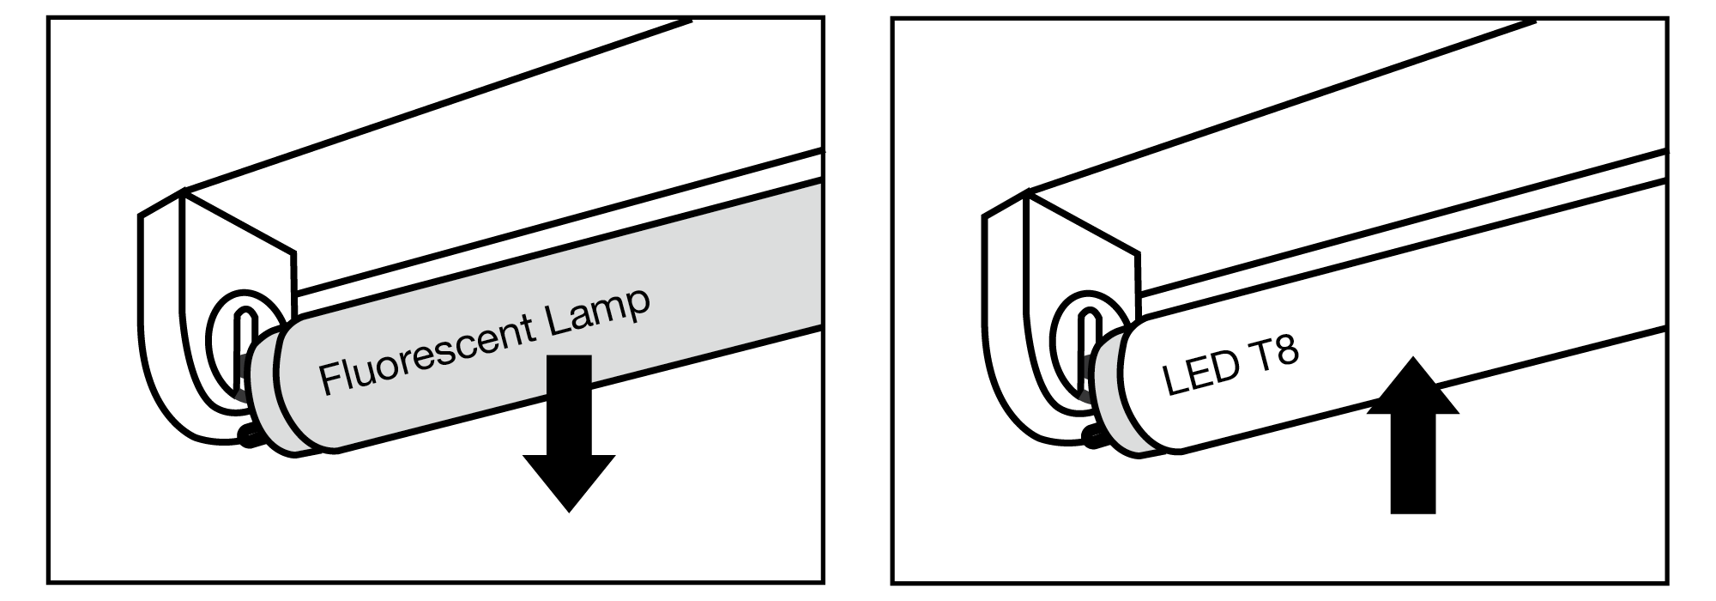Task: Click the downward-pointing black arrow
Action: click(x=569, y=434)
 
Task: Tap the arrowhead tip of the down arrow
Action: click(x=569, y=513)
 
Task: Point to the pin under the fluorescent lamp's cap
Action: click(x=249, y=437)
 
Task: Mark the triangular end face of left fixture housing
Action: click(x=238, y=249)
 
